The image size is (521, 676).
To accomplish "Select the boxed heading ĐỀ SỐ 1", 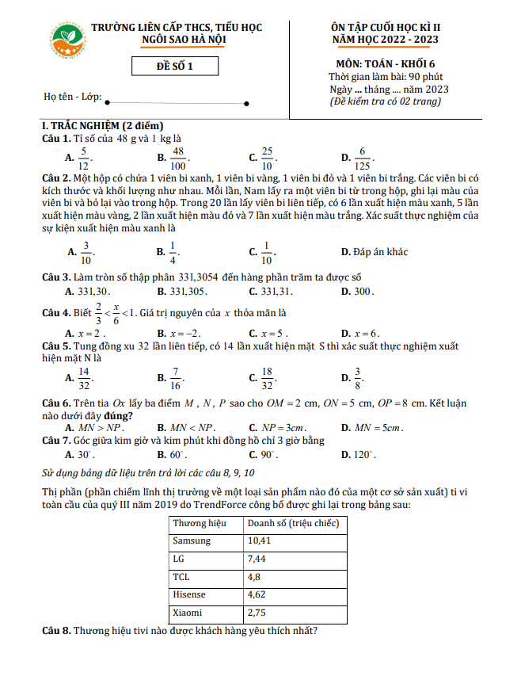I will coord(175,67).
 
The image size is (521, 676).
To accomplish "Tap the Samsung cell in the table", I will coord(192,540).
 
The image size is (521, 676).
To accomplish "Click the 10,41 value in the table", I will coord(260,540).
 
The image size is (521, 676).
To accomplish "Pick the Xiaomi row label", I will coord(187,613).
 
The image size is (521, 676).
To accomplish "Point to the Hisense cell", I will coord(188,594).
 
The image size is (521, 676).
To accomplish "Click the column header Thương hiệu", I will coord(200,523).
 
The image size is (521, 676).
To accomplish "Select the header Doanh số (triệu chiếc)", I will coord(293,523).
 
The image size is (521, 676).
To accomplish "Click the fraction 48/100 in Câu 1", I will coord(178,158).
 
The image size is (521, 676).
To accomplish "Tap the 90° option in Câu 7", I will coord(273,455).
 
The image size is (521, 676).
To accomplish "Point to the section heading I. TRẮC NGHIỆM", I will coord(102,126).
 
